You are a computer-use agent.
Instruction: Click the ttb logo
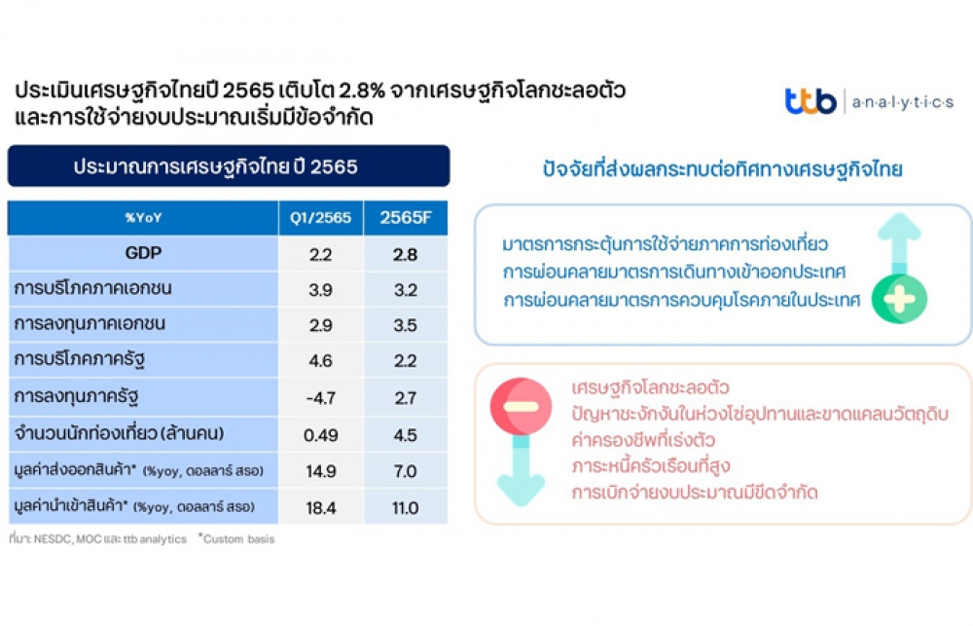(x=811, y=100)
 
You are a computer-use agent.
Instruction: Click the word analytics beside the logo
(x=902, y=102)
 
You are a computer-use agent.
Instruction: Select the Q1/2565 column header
(x=320, y=217)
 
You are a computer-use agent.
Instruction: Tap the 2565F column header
(x=405, y=217)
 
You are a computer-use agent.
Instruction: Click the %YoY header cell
(x=143, y=217)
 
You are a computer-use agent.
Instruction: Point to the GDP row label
(x=143, y=253)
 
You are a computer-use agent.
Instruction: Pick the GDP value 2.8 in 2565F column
(x=405, y=254)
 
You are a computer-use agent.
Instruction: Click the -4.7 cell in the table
(x=321, y=397)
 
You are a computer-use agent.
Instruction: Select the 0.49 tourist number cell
(x=321, y=435)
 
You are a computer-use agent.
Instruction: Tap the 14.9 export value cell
(x=321, y=471)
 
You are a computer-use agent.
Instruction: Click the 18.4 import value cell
(x=321, y=508)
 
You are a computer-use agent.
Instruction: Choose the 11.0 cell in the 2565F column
(x=405, y=508)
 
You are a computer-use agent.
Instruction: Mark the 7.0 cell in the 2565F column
(x=405, y=471)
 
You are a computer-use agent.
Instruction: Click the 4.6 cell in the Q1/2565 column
(x=321, y=361)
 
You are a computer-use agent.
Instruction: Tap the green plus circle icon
(x=899, y=299)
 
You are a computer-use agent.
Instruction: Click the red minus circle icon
(x=521, y=406)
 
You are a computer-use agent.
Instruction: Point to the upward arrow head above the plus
(x=899, y=227)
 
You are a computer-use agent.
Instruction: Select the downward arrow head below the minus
(x=522, y=490)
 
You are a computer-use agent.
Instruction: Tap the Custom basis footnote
(x=236, y=539)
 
